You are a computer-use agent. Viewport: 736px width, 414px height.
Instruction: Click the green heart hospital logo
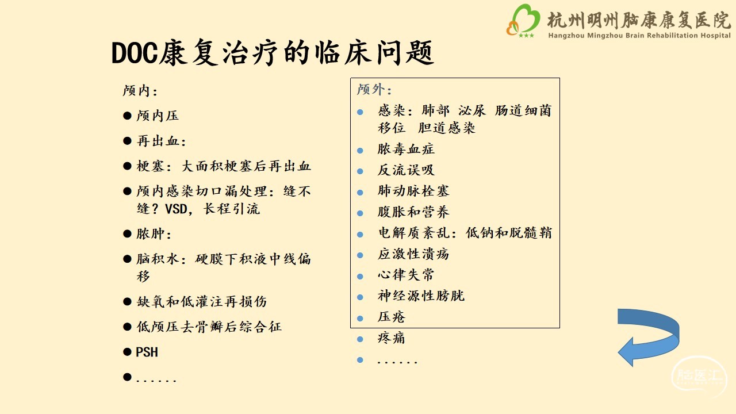(523, 20)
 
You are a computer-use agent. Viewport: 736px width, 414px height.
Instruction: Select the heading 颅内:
(140, 91)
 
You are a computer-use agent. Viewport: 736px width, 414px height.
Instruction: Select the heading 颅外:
(374, 89)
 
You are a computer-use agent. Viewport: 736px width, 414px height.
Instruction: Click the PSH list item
(147, 352)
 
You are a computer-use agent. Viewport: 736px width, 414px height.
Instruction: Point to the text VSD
(176, 209)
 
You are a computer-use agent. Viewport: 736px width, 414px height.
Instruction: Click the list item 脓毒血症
(406, 149)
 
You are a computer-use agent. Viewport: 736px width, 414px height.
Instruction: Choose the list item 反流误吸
(406, 170)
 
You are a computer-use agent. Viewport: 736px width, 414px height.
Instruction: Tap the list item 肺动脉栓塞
(413, 191)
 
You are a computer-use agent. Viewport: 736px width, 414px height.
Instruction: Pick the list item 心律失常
(406, 275)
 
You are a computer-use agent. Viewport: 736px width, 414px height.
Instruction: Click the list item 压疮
(392, 317)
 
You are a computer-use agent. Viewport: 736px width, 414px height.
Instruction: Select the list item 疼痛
(392, 338)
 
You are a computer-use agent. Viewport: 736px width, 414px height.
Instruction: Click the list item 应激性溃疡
(413, 254)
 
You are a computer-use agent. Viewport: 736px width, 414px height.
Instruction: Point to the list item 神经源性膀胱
(421, 296)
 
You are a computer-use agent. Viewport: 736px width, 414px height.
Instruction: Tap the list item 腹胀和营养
(413, 212)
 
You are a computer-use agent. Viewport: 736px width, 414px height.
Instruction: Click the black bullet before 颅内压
(127, 116)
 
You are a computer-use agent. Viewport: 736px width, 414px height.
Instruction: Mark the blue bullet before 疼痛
(360, 339)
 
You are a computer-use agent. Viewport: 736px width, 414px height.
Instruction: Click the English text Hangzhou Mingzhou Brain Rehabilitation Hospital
(639, 36)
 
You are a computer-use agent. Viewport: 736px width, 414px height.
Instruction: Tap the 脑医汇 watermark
(698, 376)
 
